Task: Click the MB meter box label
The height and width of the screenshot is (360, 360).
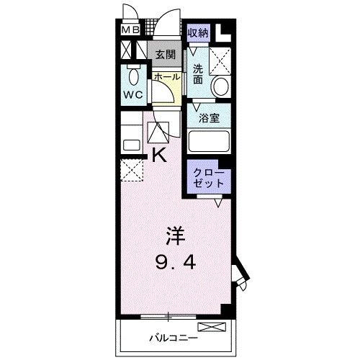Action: tap(130, 30)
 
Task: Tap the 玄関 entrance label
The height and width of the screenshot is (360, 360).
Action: tap(165, 55)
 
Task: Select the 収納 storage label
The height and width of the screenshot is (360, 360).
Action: tap(198, 32)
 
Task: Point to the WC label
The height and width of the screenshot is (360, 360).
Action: tap(133, 95)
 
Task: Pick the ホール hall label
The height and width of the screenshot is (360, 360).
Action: tap(167, 77)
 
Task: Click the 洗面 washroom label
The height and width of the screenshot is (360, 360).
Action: tap(198, 74)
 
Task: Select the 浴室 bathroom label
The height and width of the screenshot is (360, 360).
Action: tap(209, 118)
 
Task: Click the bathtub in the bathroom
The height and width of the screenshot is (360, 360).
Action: tap(209, 141)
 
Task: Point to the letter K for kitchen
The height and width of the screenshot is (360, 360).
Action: tap(160, 155)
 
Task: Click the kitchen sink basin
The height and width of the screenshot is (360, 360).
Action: tap(132, 145)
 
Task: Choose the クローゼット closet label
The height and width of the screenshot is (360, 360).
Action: tap(208, 178)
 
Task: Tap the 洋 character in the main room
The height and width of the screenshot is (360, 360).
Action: tap(176, 236)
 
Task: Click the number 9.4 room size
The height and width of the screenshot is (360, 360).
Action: tap(176, 262)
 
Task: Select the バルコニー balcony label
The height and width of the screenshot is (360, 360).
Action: tap(174, 338)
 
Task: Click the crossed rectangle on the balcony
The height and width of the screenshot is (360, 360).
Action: tap(212, 327)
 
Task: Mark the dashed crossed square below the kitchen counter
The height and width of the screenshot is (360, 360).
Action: tap(132, 170)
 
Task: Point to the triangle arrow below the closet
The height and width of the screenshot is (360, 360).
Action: tap(218, 203)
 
